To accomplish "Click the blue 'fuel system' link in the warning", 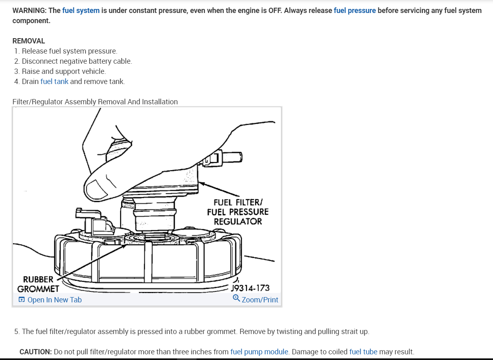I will tap(81, 11).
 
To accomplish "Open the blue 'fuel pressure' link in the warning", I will tap(355, 11).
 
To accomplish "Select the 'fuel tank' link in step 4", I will tap(54, 82).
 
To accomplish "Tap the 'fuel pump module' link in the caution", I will tap(259, 352).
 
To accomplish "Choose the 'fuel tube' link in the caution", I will tap(363, 352).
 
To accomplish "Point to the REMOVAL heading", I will tap(28, 41).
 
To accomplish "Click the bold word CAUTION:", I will tap(36, 352).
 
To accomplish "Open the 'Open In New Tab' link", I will tap(54, 300).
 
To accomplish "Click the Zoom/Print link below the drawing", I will tap(260, 300).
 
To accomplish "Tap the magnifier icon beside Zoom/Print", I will tap(236, 299).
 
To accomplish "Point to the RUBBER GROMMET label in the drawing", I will tap(38, 284).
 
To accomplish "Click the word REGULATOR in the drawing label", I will tap(238, 222).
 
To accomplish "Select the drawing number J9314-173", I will tap(250, 288).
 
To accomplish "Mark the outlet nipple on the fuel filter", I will tap(233, 156).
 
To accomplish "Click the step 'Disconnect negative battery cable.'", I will tap(77, 61).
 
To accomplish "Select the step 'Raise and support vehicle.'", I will tap(64, 71).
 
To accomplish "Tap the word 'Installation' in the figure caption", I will tap(160, 102).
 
